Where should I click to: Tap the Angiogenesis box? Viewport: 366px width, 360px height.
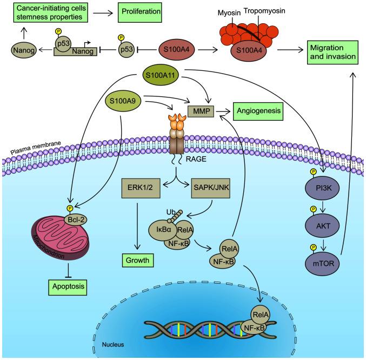tap(258, 112)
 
